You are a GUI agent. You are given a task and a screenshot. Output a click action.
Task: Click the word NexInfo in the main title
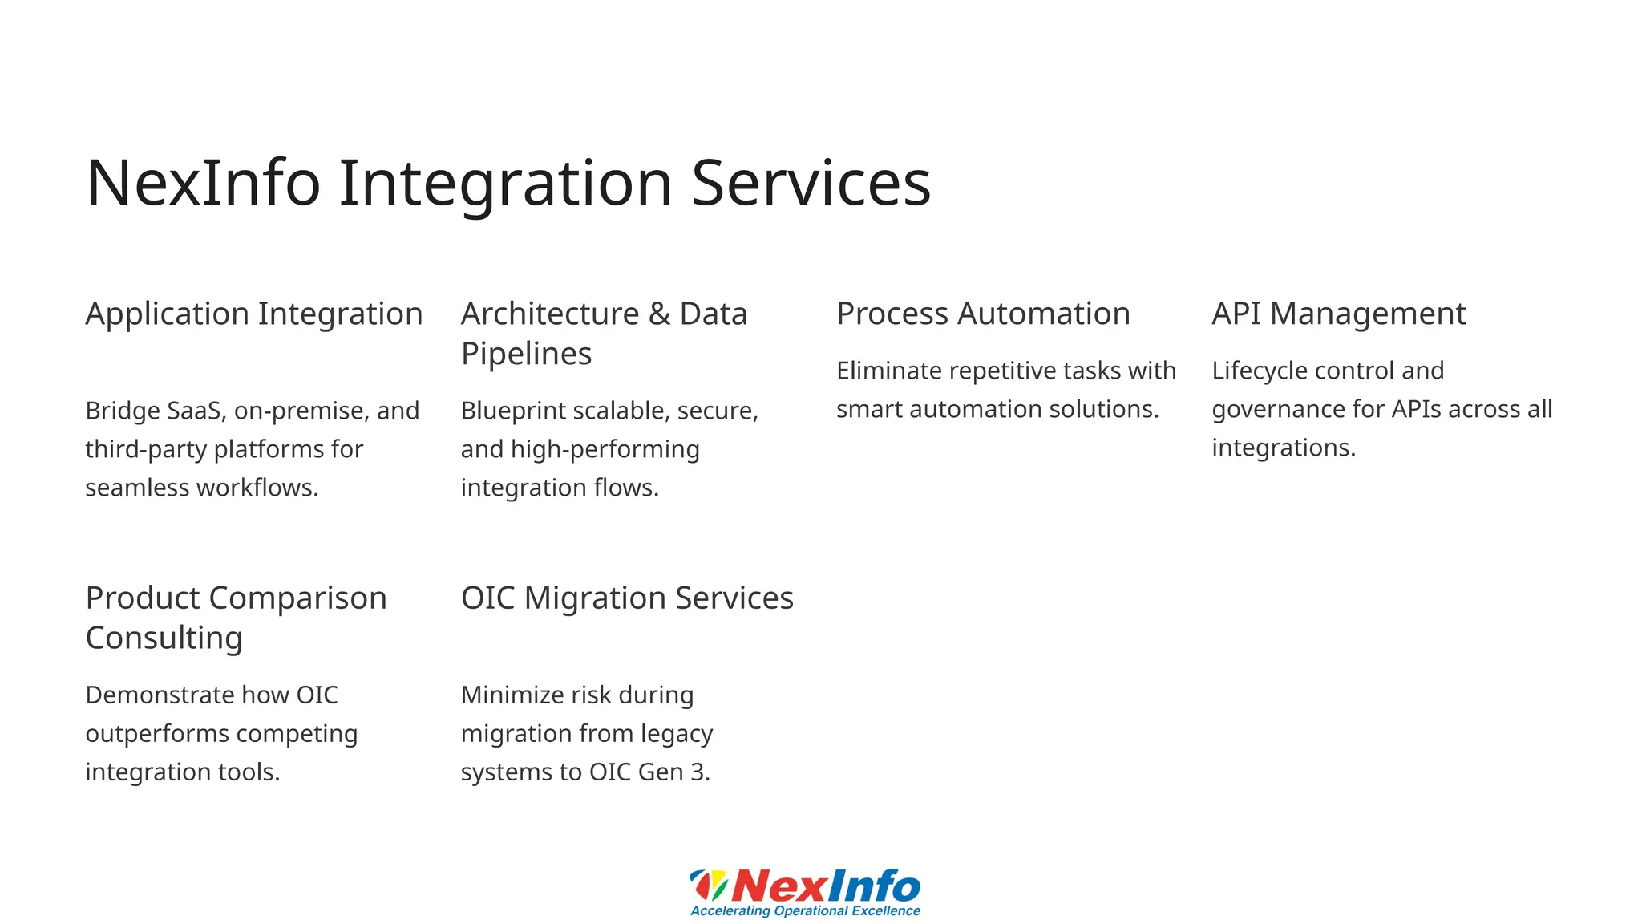203,184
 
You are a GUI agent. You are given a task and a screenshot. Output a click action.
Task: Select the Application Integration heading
253,314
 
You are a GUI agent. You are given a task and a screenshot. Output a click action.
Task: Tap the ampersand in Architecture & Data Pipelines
659,314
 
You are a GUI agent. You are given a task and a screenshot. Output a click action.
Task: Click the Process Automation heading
983,314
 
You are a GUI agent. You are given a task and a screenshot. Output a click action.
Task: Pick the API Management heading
1338,314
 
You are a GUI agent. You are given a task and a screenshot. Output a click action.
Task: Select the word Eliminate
888,371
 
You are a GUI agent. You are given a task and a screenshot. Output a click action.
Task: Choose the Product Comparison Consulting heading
236,618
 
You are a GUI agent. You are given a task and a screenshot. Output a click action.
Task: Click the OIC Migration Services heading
627,598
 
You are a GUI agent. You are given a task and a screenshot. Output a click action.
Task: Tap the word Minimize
512,695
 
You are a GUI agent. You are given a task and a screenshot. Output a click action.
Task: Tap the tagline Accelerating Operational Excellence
805,911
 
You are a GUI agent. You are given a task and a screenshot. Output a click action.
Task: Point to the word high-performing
605,450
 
